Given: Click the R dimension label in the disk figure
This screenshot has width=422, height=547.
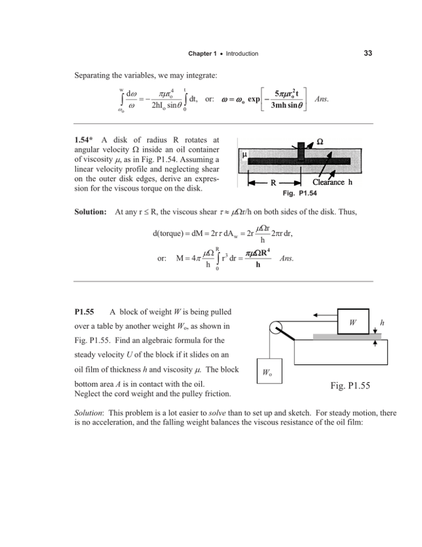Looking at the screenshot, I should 273,182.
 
